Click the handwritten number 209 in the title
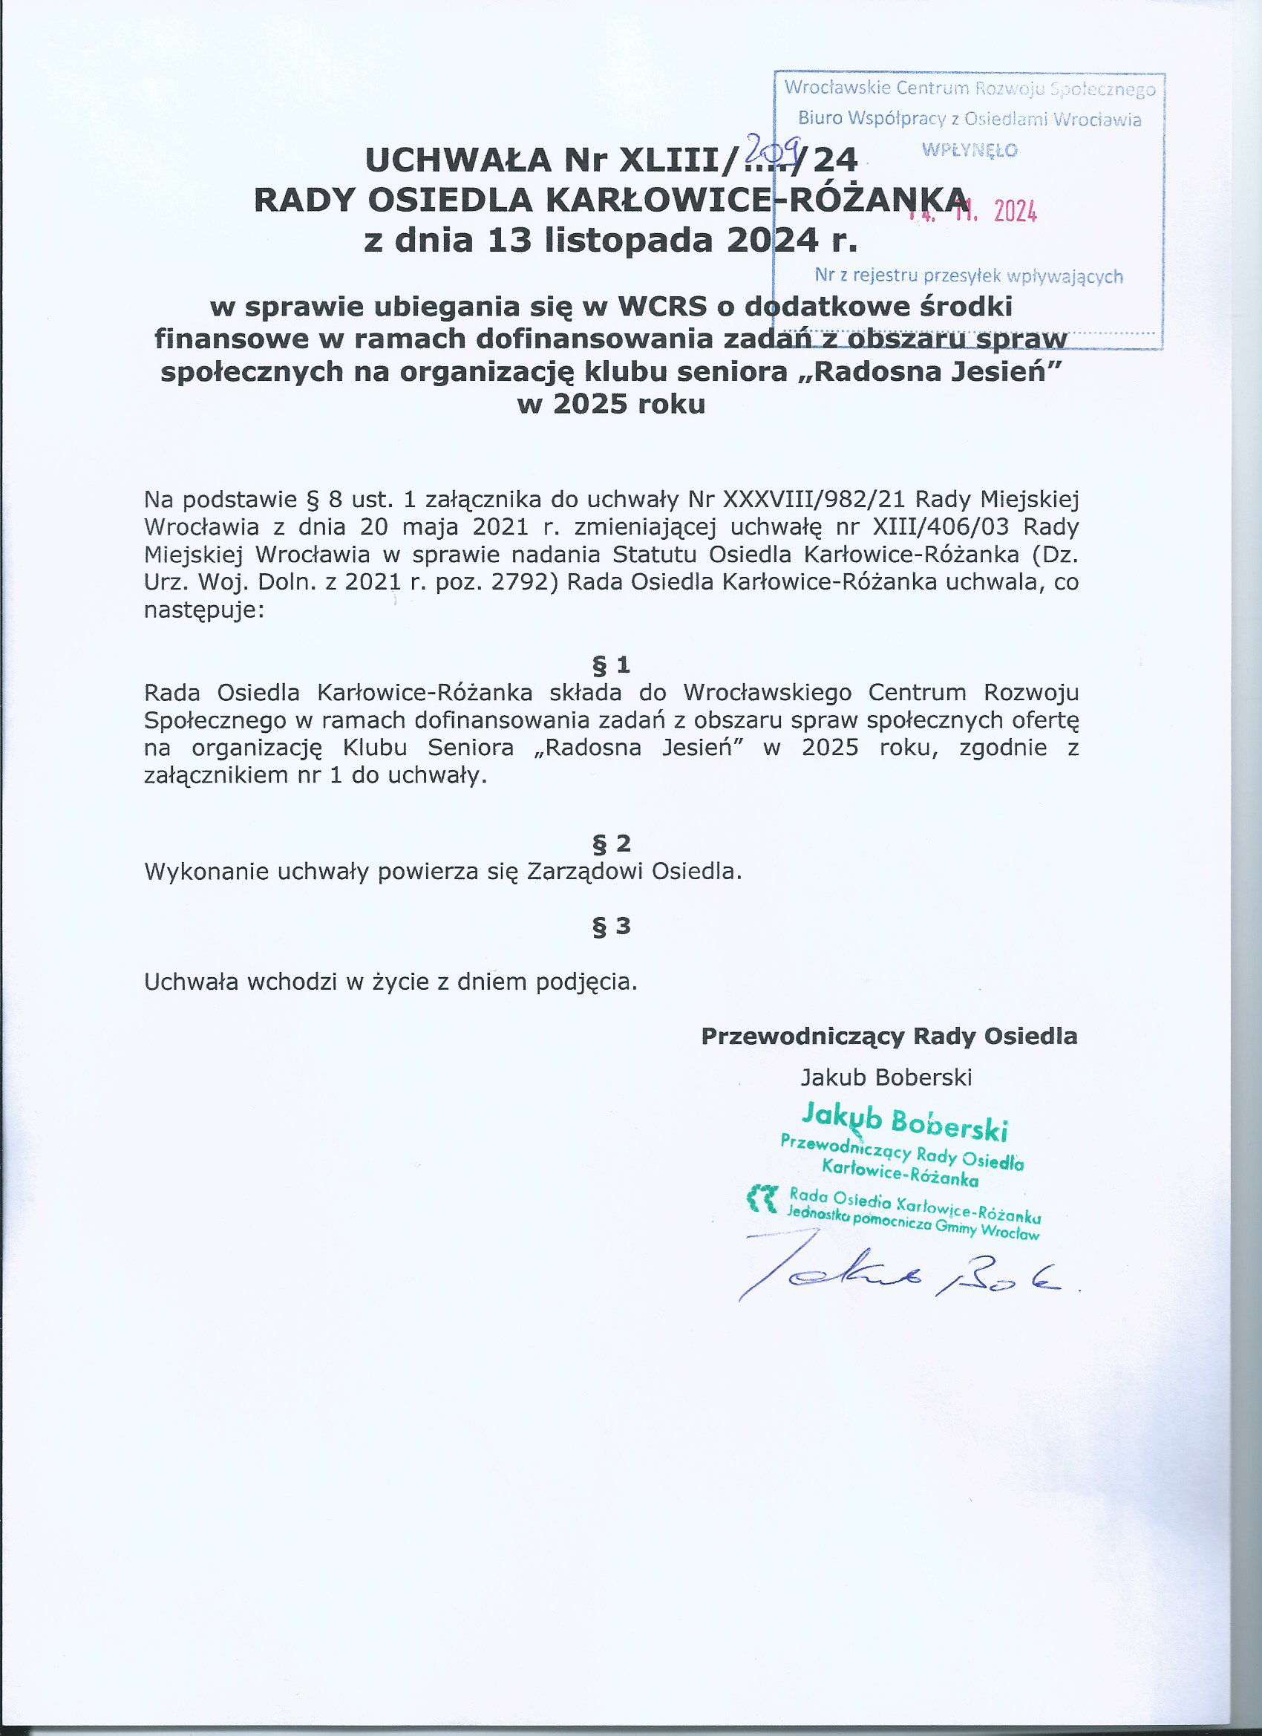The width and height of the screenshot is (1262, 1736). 773,144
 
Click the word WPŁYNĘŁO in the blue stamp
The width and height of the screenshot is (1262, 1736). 970,150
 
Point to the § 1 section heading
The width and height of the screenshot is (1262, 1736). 611,665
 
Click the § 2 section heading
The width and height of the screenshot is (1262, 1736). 611,843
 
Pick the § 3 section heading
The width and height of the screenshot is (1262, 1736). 611,926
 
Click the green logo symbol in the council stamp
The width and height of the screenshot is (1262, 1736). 762,1198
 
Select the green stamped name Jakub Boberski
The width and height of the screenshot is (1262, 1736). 905,1121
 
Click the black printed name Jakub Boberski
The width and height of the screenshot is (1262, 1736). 886,1077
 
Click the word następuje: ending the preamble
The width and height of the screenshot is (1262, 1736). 204,611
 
